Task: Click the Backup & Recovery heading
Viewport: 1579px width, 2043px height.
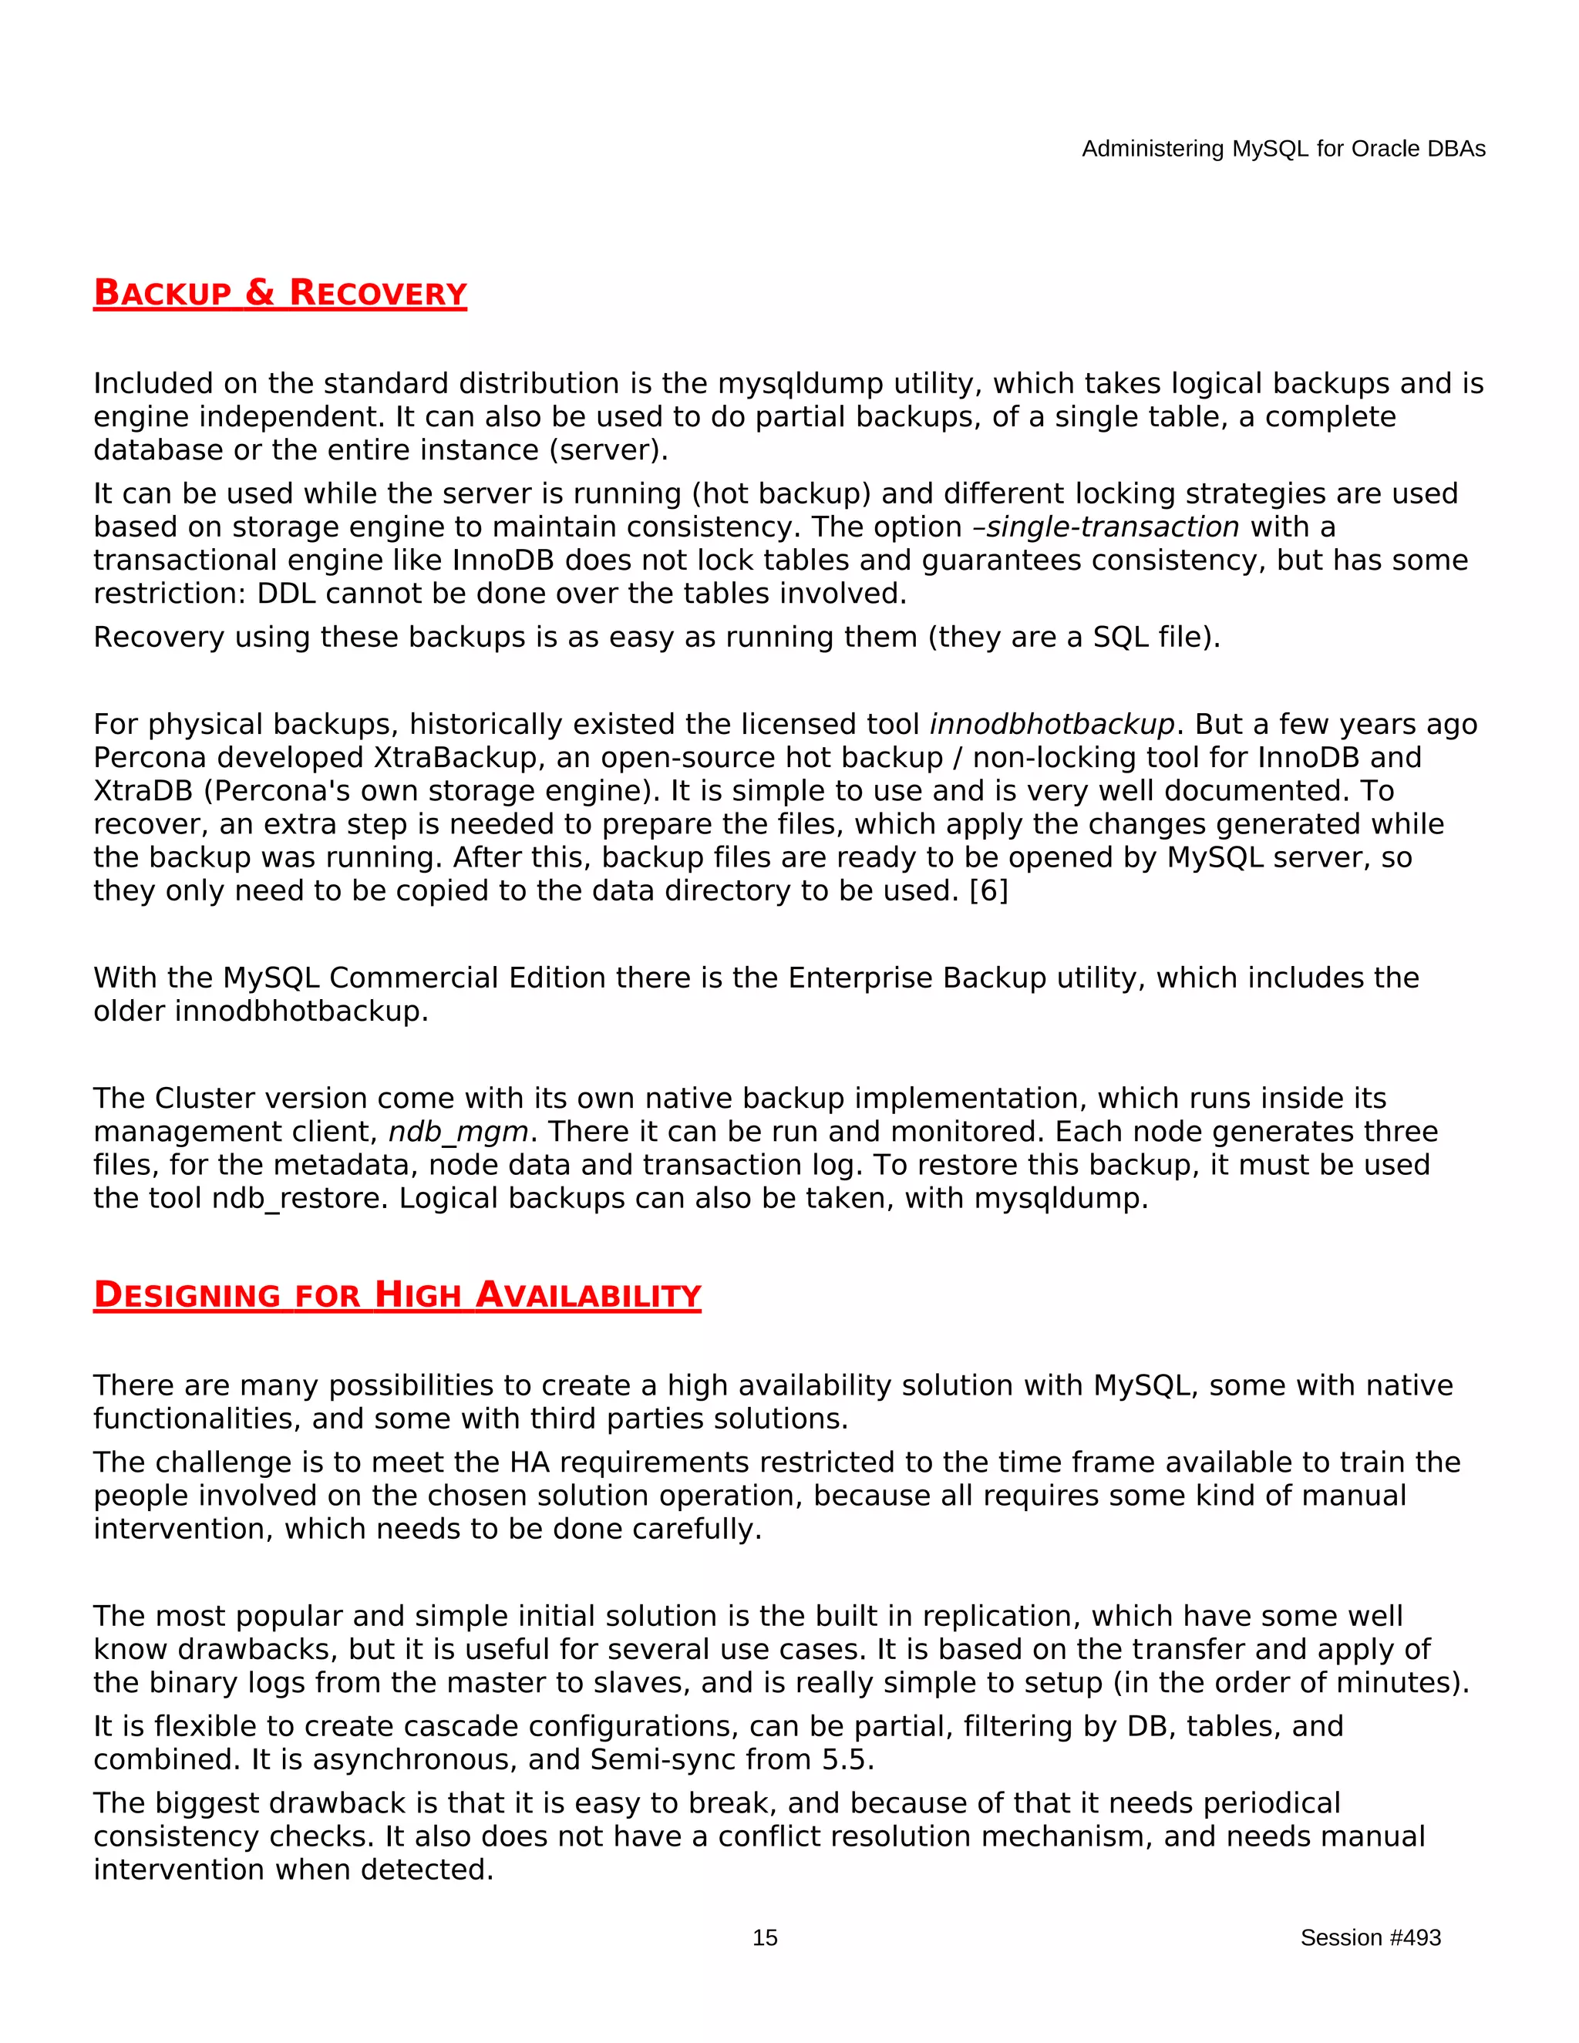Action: click(280, 293)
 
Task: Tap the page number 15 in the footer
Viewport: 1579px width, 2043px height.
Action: click(764, 1937)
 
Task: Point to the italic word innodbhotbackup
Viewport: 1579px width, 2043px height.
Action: click(1052, 724)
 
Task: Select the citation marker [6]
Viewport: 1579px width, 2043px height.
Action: click(988, 890)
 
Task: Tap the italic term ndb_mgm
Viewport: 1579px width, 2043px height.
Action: click(459, 1132)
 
